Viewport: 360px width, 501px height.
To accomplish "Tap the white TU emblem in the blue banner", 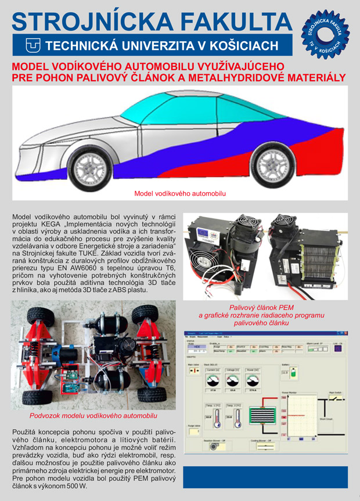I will (x=32, y=45).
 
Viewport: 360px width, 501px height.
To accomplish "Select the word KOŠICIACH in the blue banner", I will (x=247, y=46).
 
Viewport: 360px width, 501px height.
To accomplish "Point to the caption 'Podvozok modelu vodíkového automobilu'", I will (x=93, y=416).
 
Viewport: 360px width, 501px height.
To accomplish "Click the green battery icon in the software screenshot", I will (x=286, y=372).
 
